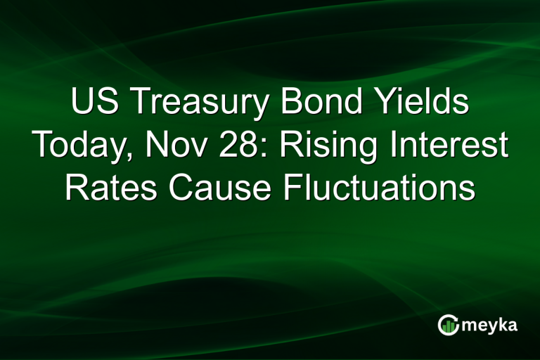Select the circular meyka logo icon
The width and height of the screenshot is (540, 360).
(448, 325)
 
